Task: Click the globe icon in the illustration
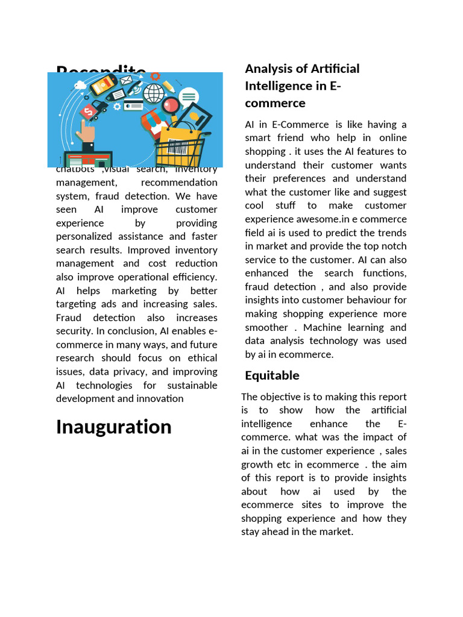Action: (154, 93)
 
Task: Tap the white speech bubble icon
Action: (189, 96)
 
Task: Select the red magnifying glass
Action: (170, 106)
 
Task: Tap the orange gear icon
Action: (155, 77)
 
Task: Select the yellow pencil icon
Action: (168, 86)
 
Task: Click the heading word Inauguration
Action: (113, 427)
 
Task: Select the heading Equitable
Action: (272, 375)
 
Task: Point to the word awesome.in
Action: (382, 219)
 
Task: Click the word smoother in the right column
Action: (266, 327)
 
